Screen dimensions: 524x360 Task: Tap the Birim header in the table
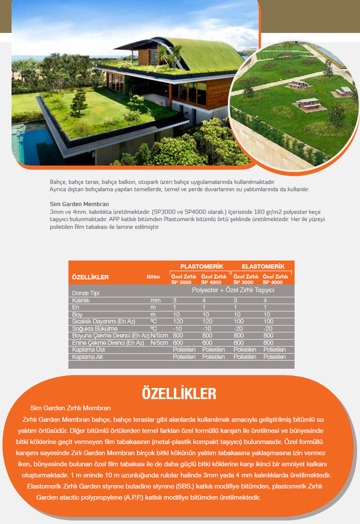(153, 277)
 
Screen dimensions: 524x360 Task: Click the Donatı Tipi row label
(86, 293)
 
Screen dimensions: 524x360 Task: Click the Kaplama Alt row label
(88, 357)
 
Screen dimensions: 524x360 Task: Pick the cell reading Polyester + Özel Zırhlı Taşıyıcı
(233, 290)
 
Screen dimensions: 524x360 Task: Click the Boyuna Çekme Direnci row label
(110, 336)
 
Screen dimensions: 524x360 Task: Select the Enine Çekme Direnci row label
(108, 343)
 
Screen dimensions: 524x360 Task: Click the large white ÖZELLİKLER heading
(179, 393)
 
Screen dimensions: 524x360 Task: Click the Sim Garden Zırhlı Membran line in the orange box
(71, 408)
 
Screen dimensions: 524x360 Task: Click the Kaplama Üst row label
(89, 349)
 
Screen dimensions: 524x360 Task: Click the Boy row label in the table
(77, 314)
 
